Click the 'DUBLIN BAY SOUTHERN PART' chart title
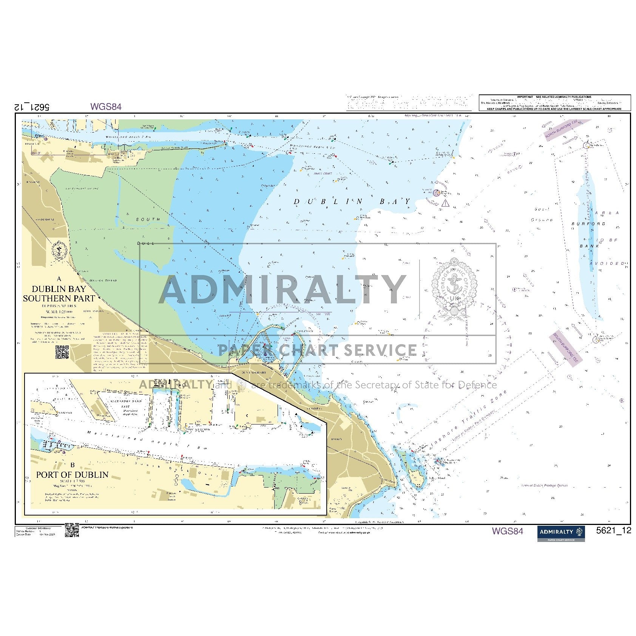click(59, 293)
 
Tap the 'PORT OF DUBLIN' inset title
click(72, 474)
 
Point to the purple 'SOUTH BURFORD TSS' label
click(565, 349)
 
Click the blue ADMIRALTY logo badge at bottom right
click(561, 533)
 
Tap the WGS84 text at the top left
click(106, 107)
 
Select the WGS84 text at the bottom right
click(507, 531)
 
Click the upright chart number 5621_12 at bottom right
click(613, 530)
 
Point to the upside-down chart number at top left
click(32, 107)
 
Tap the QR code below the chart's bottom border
click(72, 529)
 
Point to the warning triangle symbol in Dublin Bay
click(446, 204)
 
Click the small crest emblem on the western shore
click(59, 250)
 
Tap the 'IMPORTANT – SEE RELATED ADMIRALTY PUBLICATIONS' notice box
click(554, 103)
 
